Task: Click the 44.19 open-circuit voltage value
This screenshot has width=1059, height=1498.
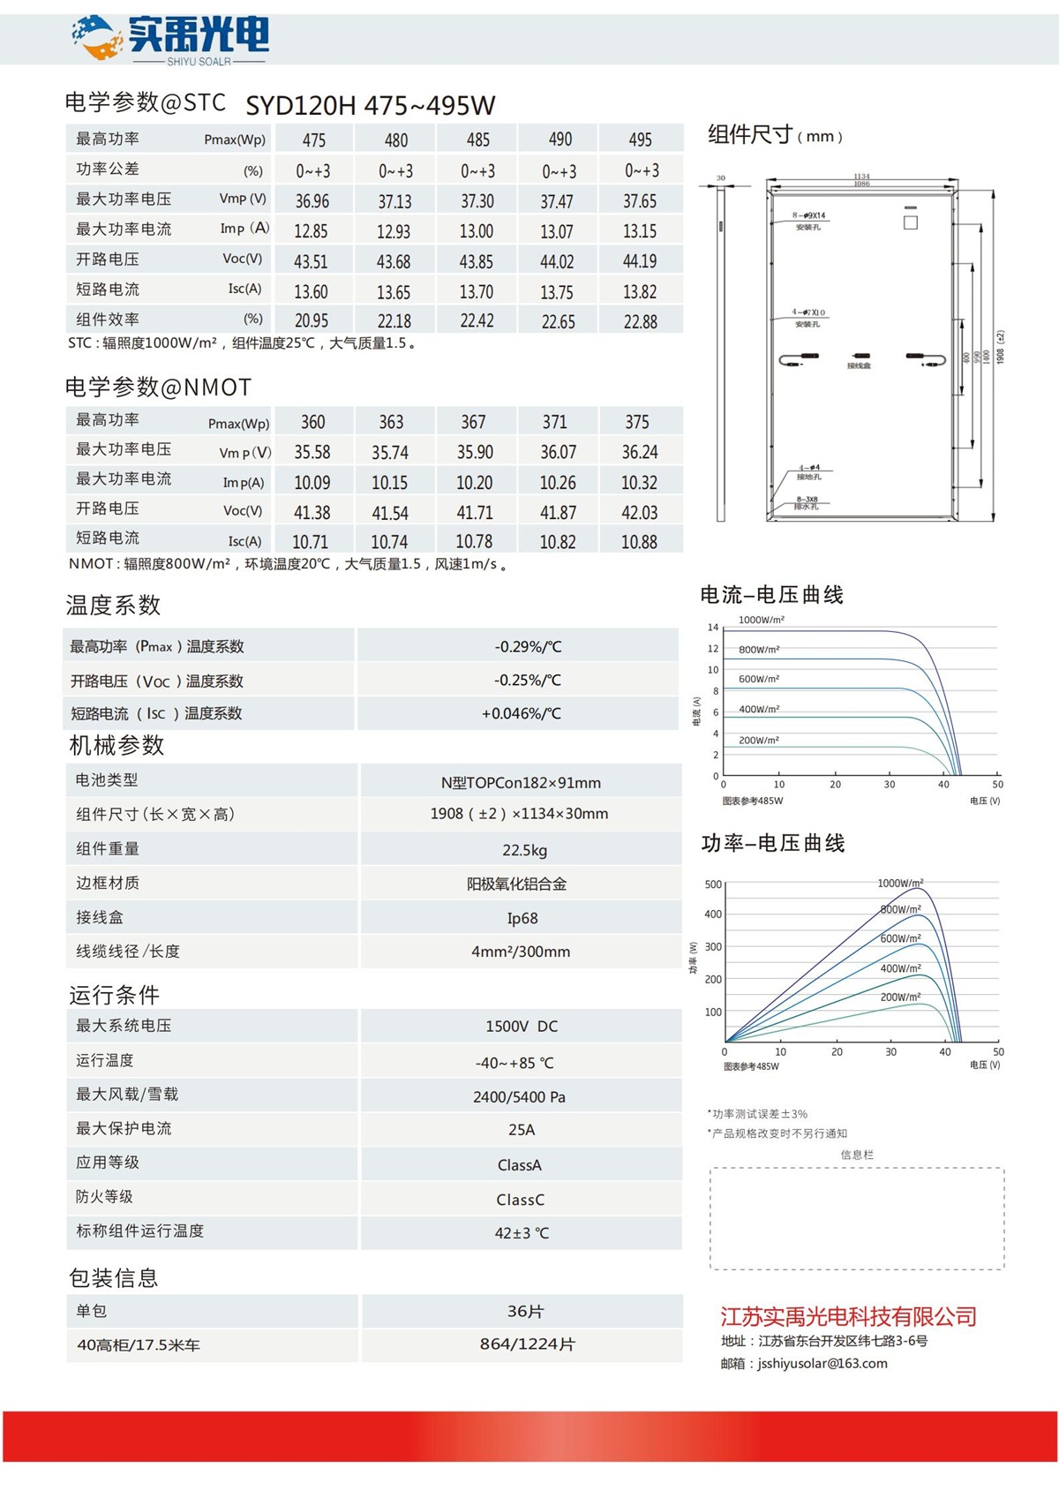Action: click(640, 261)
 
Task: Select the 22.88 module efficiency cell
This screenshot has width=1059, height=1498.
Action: click(640, 321)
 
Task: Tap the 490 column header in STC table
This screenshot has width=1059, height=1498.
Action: click(560, 139)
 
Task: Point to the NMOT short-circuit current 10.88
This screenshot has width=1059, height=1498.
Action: click(639, 542)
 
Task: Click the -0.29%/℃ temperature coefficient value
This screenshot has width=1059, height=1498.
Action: click(528, 646)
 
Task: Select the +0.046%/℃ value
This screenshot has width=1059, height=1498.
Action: click(521, 713)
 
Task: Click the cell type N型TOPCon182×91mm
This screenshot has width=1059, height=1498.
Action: click(521, 783)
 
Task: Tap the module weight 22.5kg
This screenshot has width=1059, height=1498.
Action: click(524, 850)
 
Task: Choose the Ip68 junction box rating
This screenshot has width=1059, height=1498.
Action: click(522, 918)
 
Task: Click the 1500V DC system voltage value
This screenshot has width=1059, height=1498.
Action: click(522, 1027)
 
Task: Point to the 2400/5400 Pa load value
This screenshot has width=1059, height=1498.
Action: click(519, 1097)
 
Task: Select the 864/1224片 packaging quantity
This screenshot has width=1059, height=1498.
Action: click(527, 1344)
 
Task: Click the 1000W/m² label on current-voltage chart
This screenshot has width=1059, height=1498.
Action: click(761, 620)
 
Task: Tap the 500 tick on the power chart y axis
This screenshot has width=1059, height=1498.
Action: click(713, 884)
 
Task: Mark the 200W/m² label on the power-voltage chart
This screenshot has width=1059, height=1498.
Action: click(900, 997)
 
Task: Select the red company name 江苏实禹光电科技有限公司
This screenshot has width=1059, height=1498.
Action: click(848, 1317)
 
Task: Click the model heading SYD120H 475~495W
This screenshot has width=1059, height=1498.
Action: click(370, 106)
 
